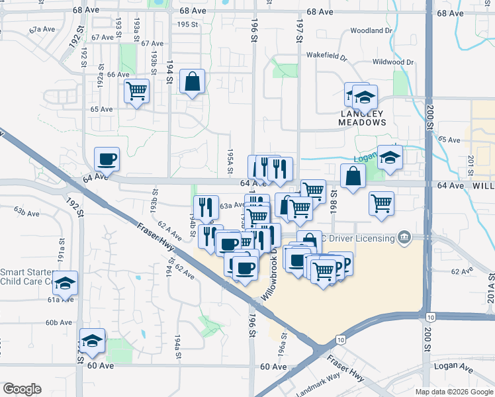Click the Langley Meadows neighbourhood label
coord(362,118)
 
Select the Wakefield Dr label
coord(326,56)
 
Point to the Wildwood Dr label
coord(393,62)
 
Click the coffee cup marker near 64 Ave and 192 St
coord(107,159)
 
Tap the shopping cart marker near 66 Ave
coord(136,91)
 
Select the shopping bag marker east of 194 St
coord(191,83)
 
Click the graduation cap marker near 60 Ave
coord(92,341)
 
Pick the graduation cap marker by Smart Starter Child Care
coord(65,283)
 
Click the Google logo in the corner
coord(22,389)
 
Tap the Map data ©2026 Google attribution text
coord(454,392)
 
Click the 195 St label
coord(188,24)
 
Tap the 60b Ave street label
coord(58,322)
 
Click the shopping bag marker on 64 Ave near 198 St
coord(353,177)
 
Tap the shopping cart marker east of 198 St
coord(381,203)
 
